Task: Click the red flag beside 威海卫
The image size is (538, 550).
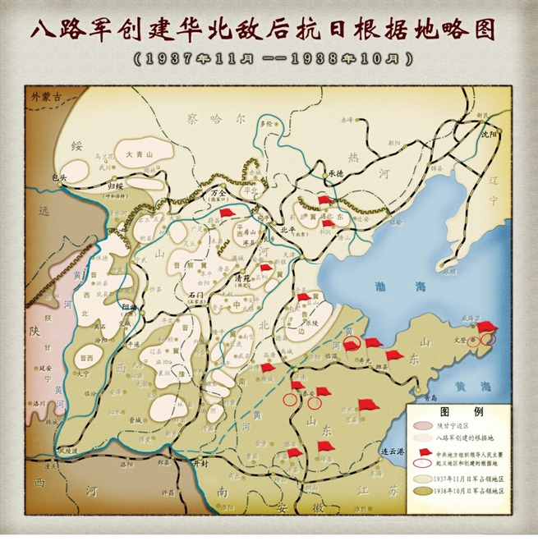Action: pyautogui.click(x=490, y=326)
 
